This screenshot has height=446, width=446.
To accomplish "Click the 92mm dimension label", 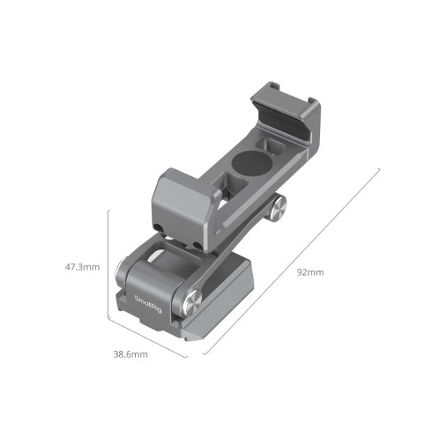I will pyautogui.click(x=310, y=272).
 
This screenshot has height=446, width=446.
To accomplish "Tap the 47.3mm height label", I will pyautogui.click(x=82, y=266).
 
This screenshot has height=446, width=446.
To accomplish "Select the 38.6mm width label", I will pyautogui.click(x=130, y=354).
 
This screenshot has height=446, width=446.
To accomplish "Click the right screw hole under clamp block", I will pyautogui.click(x=199, y=245).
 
